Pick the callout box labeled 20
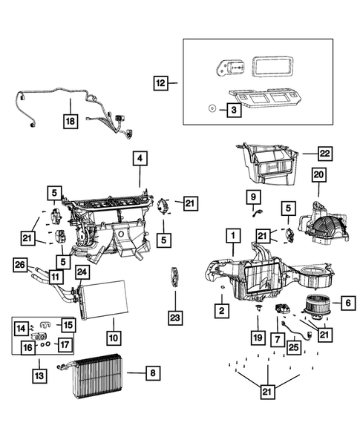pos(318,194)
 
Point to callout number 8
pos(152,374)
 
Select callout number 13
pos(39,377)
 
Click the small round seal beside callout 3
pos(211,108)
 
